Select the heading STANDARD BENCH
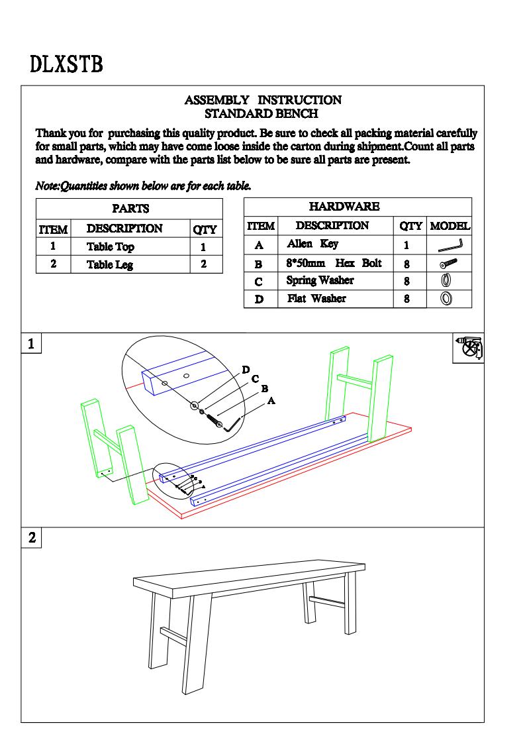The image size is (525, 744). click(262, 114)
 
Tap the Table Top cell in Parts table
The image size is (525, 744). click(110, 247)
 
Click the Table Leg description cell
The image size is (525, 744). click(110, 265)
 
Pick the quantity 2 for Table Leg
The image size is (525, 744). click(203, 264)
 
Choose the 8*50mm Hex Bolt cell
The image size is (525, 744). click(334, 263)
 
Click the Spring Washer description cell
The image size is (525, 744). click(320, 281)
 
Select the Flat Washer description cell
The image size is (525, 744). click(316, 299)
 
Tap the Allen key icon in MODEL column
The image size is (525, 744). click(450, 245)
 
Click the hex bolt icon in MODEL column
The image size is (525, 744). click(450, 263)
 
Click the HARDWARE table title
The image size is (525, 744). click(344, 207)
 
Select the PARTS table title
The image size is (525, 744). click(130, 209)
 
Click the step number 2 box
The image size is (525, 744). click(31, 537)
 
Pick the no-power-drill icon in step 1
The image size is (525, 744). click(470, 348)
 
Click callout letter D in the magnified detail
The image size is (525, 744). click(246, 370)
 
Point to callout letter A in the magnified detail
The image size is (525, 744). click(271, 401)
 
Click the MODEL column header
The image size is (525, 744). click(450, 226)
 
